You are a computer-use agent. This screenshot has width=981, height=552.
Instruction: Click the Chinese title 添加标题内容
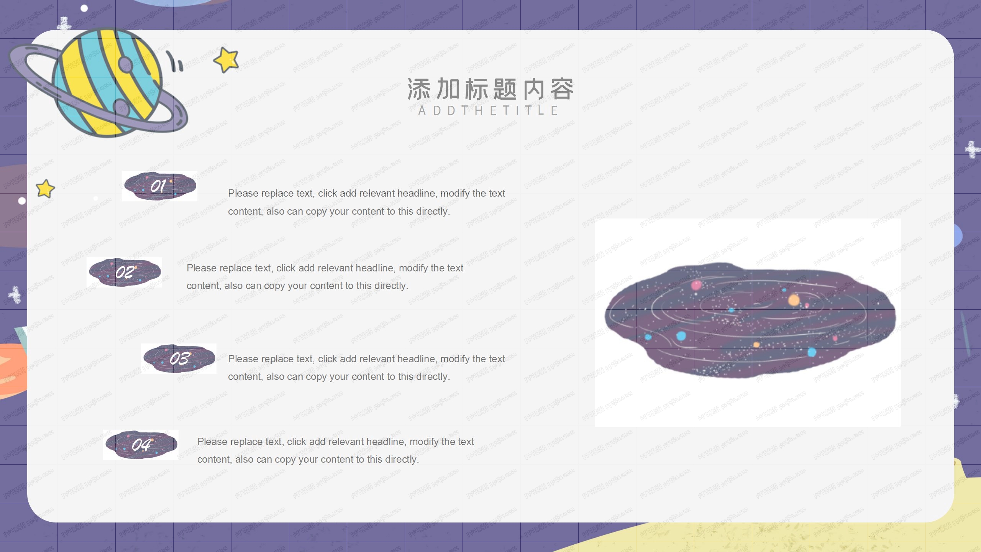[490, 89]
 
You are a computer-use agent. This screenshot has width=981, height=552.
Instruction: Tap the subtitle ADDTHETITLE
[488, 111]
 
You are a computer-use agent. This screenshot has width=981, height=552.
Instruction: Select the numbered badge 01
[159, 186]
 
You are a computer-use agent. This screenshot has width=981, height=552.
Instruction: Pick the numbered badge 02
[125, 273]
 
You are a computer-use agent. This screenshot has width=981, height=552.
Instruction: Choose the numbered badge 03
[179, 359]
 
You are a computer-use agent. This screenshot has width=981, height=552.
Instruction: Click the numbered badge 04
[141, 445]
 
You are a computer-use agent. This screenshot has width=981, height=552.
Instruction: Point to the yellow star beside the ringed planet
[226, 60]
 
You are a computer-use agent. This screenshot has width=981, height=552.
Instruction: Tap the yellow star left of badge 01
[45, 189]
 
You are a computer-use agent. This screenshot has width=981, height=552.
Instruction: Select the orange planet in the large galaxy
[794, 300]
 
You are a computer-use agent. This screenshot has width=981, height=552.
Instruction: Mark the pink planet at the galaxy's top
[696, 285]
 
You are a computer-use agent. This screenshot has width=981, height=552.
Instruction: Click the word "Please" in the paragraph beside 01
[243, 194]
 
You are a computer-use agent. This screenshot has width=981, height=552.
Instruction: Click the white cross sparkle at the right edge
[972, 149]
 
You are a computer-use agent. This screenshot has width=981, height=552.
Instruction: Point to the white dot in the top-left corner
[84, 8]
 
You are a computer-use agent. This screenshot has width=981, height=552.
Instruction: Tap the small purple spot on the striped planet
[125, 64]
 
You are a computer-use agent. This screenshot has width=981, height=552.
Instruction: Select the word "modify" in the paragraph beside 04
[424, 442]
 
